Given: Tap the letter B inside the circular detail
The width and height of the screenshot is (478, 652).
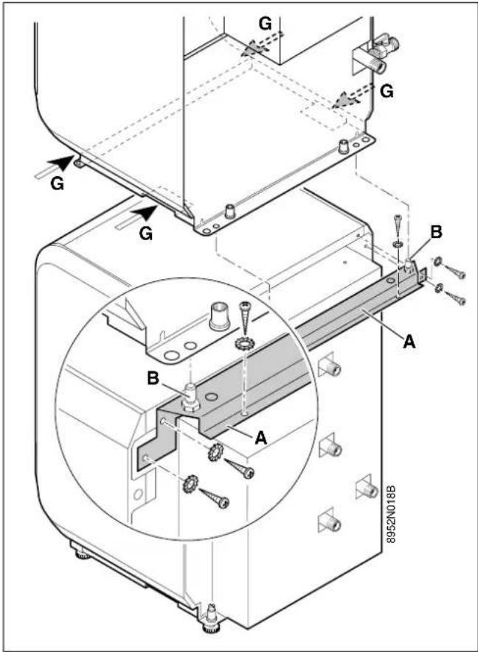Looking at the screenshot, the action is (x=153, y=379).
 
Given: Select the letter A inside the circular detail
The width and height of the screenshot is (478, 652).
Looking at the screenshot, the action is (x=261, y=438).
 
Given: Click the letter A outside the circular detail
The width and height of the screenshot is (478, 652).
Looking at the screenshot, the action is (x=409, y=343).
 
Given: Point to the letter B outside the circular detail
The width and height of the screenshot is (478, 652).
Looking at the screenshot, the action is (x=435, y=234).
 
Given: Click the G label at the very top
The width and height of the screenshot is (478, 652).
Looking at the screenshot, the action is (x=266, y=24).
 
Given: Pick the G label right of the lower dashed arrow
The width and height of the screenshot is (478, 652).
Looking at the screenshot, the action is (x=387, y=91).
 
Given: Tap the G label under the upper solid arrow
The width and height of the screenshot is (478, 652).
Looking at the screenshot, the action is (x=57, y=183).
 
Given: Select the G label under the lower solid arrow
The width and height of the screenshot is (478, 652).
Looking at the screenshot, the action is (x=146, y=234).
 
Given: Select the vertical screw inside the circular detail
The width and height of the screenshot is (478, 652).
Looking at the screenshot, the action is (x=244, y=318).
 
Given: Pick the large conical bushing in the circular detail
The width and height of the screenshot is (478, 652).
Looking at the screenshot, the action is (x=219, y=317).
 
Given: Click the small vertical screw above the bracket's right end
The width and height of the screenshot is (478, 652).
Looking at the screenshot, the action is (x=398, y=224).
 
